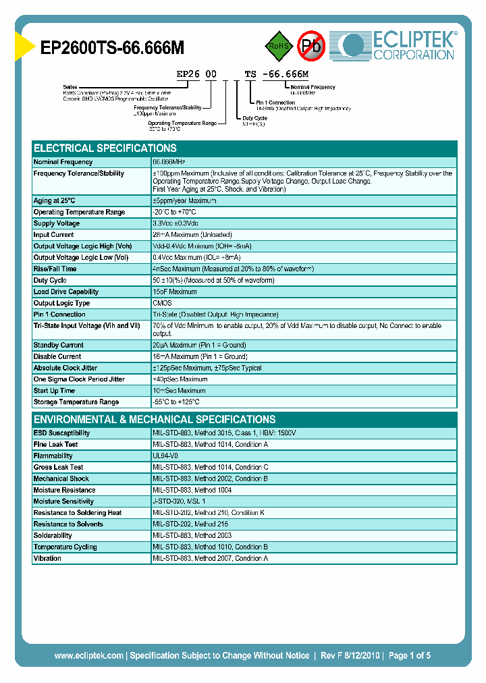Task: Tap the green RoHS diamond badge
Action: click(277, 46)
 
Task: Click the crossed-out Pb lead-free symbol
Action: click(311, 46)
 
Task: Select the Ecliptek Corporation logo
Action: click(397, 45)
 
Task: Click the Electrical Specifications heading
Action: click(105, 148)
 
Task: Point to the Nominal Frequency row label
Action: click(63, 162)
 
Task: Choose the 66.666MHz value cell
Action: click(169, 162)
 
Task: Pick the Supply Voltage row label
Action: click(57, 223)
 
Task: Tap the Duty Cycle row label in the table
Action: click(50, 281)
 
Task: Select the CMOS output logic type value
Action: click(163, 304)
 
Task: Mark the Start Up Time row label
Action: click(54, 391)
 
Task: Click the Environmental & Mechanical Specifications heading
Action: click(155, 419)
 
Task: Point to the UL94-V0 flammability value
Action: click(165, 456)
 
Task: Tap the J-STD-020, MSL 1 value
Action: click(179, 501)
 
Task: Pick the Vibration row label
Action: click(47, 559)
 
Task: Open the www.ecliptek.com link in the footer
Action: click(88, 655)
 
